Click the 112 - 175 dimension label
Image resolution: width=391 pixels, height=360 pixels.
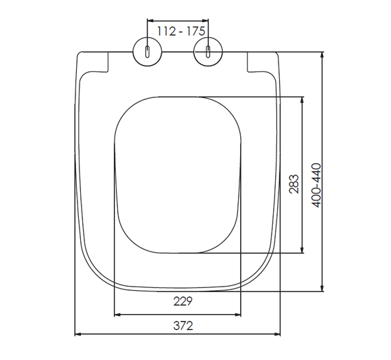point(181,31)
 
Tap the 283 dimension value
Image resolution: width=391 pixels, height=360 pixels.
point(294,184)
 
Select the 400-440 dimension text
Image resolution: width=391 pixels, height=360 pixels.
point(317,185)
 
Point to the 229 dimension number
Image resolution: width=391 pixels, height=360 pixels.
point(183,301)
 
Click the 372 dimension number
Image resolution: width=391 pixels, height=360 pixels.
point(183,326)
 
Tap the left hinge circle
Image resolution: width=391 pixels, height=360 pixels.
point(147,51)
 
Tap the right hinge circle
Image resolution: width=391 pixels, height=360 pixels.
point(208,51)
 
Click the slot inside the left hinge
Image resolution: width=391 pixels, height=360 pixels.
point(147,51)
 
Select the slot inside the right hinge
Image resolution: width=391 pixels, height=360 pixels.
point(208,51)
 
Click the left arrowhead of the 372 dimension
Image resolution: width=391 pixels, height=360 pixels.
point(78,334)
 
